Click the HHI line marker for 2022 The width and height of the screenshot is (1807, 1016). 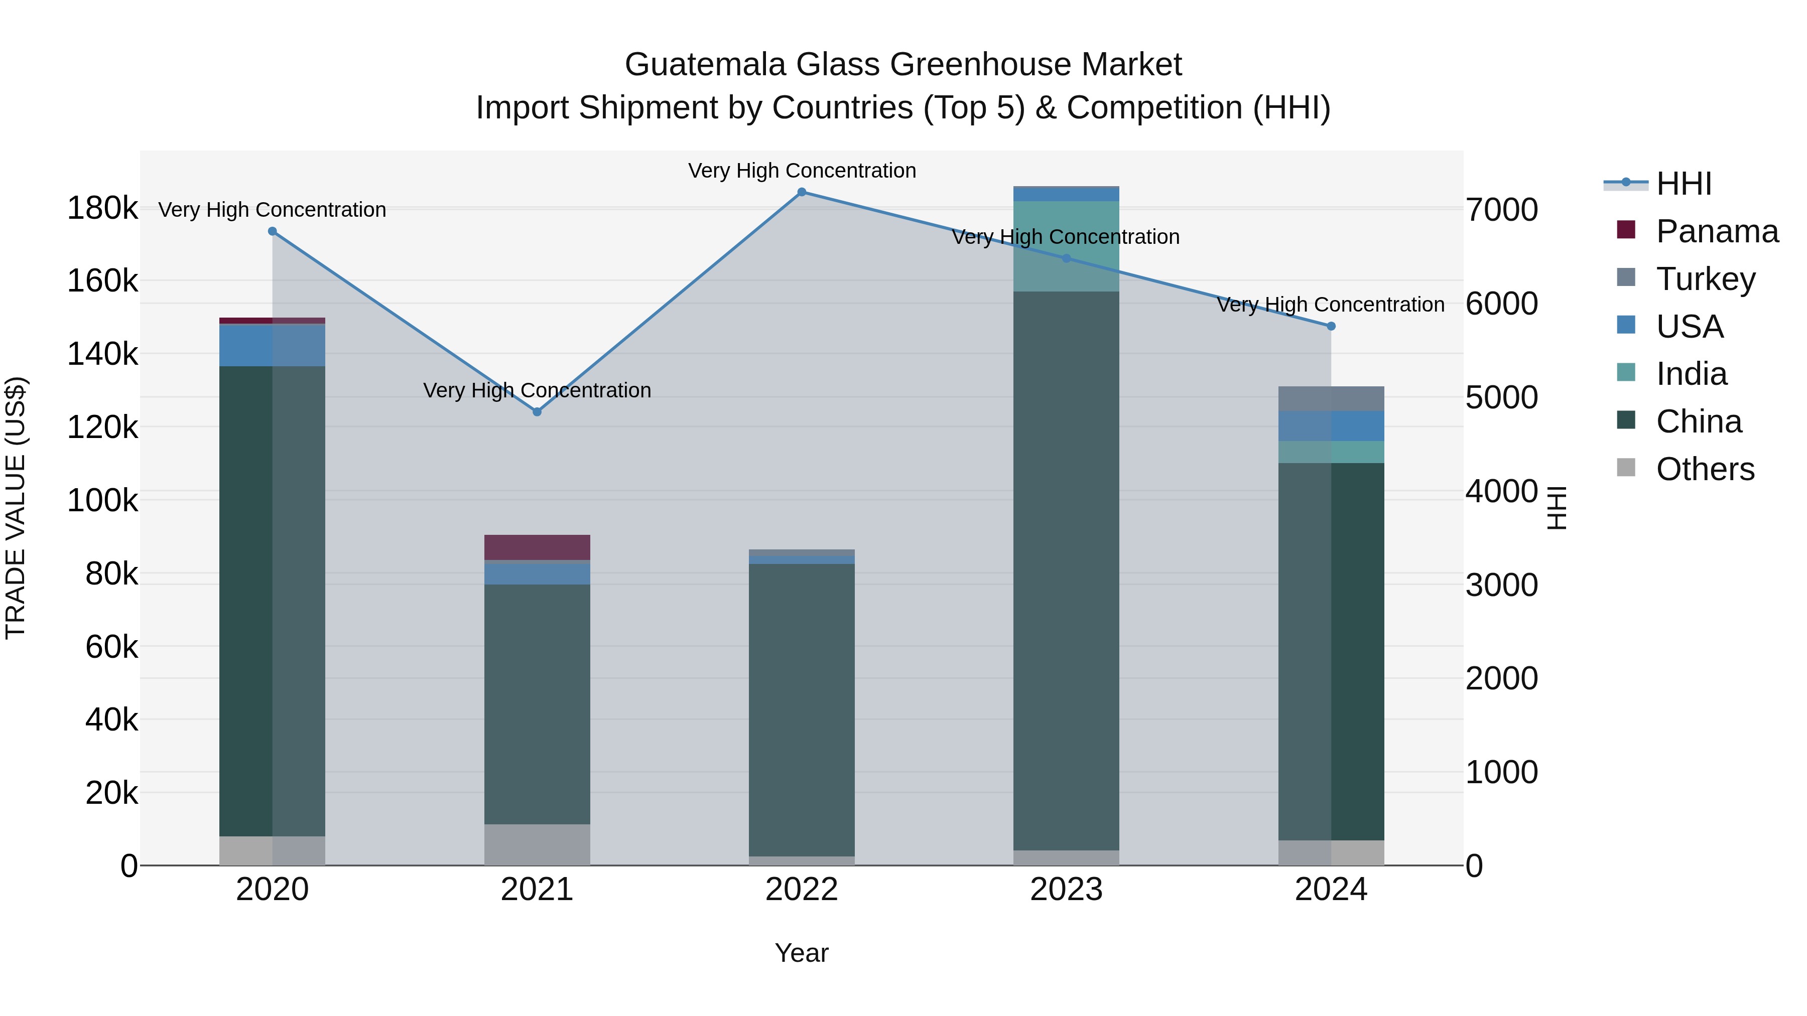(x=802, y=192)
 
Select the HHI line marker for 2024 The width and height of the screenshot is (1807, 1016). (x=1331, y=326)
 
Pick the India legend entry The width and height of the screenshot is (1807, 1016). (x=1691, y=374)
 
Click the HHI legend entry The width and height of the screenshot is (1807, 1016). (x=1683, y=184)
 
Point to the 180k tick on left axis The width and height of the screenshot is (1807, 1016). (x=102, y=208)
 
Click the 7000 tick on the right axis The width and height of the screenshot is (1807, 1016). (x=1502, y=210)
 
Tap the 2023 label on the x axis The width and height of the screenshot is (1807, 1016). (x=1066, y=890)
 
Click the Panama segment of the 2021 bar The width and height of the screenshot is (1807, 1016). (x=537, y=547)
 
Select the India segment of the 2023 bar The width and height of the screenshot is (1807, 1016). (x=1066, y=245)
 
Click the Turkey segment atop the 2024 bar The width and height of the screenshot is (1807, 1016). (x=1331, y=398)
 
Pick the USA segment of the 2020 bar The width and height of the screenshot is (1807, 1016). (x=272, y=345)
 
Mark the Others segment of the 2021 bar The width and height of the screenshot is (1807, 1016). (x=537, y=844)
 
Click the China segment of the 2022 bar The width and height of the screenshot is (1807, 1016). (x=802, y=708)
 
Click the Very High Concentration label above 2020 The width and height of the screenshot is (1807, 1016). (x=272, y=210)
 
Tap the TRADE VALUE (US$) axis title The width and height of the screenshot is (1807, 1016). (x=16, y=508)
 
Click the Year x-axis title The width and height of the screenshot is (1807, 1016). (x=802, y=953)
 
